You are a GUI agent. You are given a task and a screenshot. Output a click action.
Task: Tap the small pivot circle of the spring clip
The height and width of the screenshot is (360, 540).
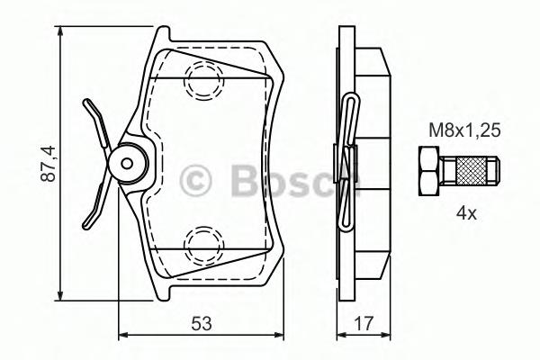pos(126,163)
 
